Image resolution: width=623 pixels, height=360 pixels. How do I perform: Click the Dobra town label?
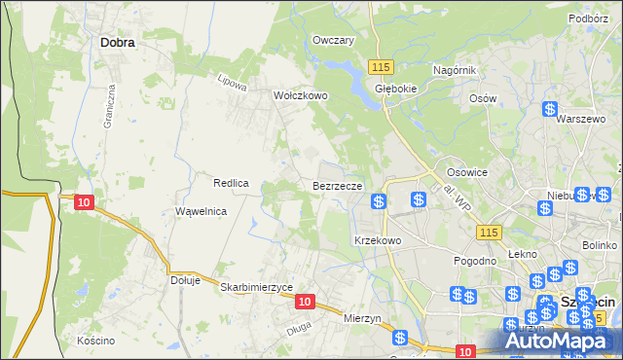click(117, 43)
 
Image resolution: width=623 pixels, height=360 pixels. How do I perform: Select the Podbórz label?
click(589, 18)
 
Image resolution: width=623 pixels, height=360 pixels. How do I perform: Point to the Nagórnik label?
click(454, 71)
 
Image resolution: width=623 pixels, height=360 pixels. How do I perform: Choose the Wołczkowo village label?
click(301, 96)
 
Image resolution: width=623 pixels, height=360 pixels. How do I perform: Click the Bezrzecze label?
click(338, 185)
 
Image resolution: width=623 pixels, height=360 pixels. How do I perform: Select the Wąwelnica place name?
click(201, 211)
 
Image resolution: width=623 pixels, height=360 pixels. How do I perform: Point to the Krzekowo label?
click(378, 239)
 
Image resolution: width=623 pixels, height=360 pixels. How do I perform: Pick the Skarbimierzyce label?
click(256, 288)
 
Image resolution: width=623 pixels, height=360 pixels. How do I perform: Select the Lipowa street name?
click(232, 83)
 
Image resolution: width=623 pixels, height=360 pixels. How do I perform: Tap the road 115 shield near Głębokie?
click(381, 65)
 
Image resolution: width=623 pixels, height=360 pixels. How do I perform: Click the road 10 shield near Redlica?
click(85, 201)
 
